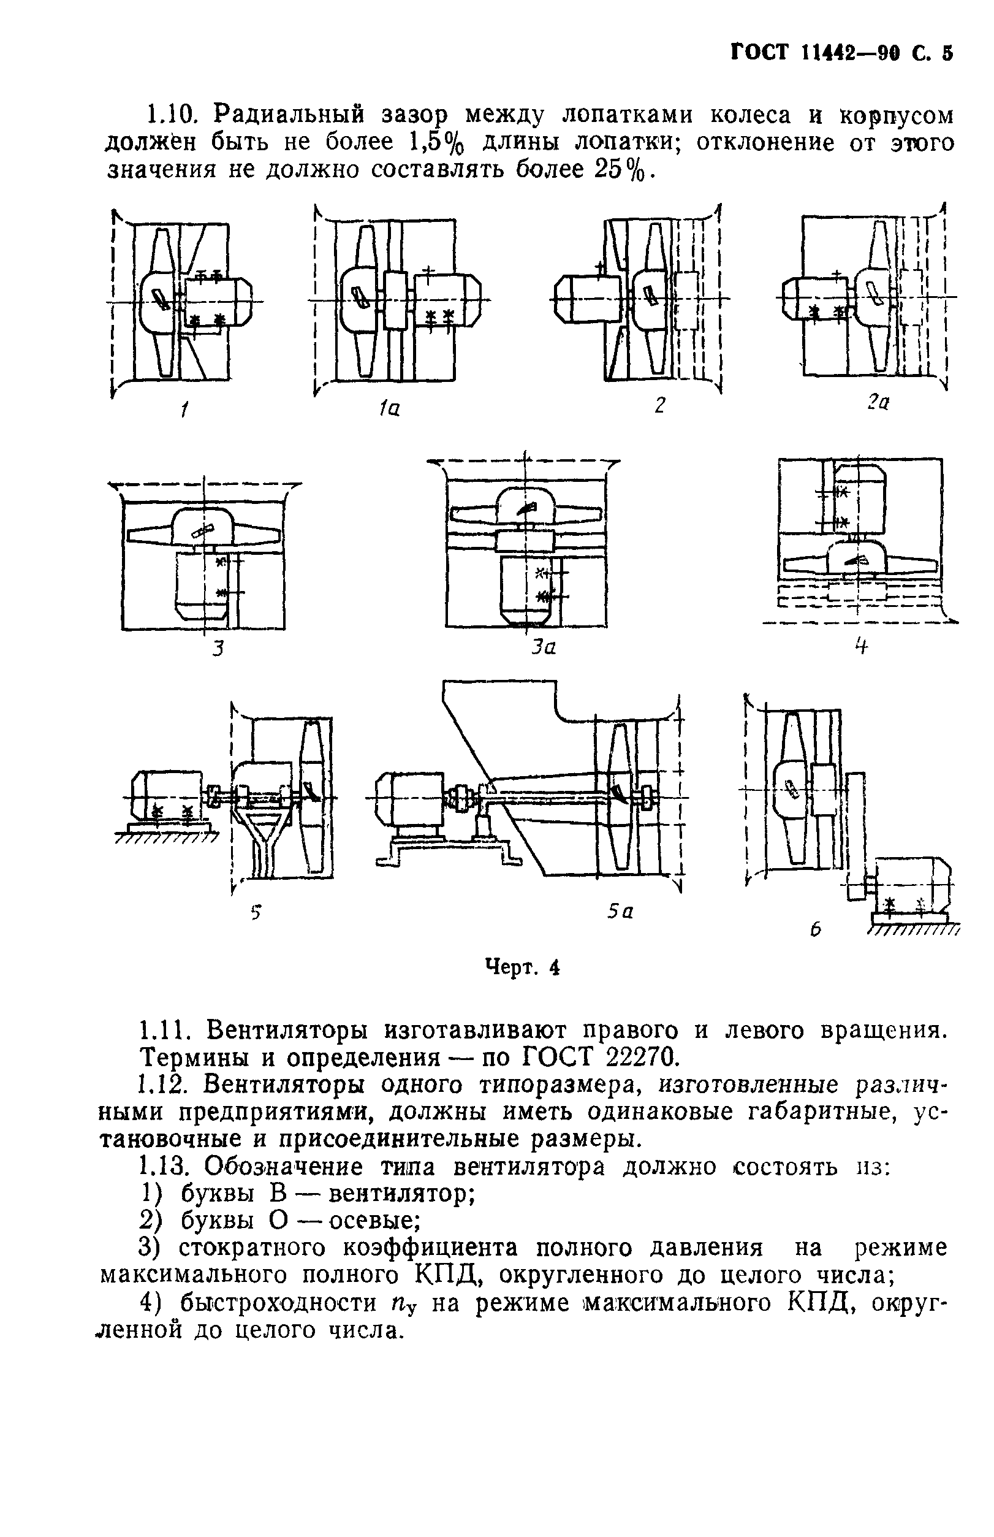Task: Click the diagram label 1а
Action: (389, 408)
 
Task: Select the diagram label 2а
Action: (878, 403)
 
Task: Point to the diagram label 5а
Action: (620, 911)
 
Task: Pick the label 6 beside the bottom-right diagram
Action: (816, 929)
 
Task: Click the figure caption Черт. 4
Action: (522, 967)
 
